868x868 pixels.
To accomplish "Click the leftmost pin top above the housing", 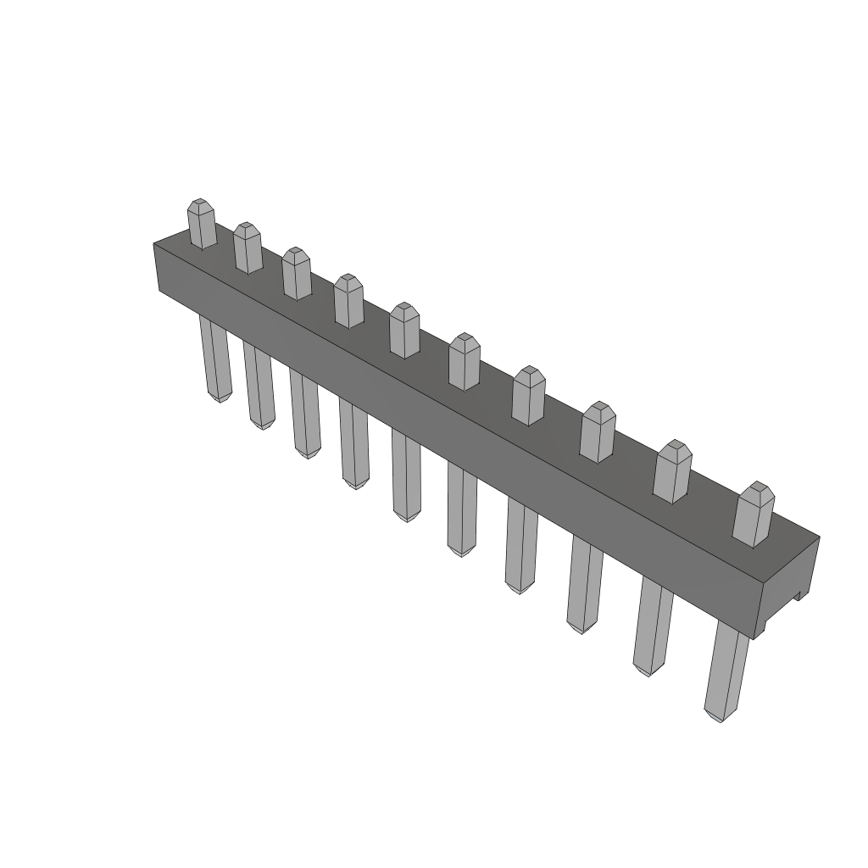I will [202, 225].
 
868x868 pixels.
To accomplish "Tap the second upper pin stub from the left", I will [248, 249].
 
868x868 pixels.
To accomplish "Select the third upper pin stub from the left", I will [297, 275].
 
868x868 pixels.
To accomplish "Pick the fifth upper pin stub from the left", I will [404, 331].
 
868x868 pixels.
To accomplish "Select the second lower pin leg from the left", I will [259, 385].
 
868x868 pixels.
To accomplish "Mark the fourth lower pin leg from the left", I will [353, 444].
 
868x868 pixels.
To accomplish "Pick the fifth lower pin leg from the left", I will [406, 475].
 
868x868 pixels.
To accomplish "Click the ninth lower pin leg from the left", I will [652, 627].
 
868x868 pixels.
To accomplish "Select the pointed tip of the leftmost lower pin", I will [220, 398].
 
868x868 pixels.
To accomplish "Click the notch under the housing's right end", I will [799, 597].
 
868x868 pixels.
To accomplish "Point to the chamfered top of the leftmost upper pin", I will [199, 204].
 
